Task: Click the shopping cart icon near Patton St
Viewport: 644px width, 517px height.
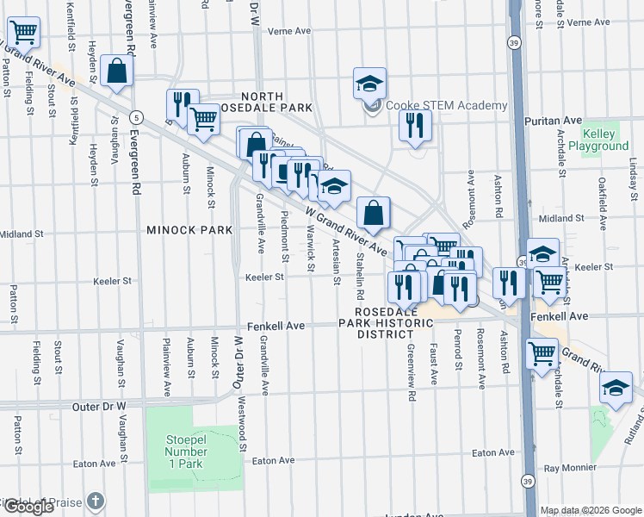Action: (23, 33)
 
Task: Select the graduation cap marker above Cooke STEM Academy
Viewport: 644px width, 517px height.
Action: (369, 84)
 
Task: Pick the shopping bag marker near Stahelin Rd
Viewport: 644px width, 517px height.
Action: (374, 213)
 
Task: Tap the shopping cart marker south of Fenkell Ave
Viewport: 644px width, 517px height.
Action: (542, 352)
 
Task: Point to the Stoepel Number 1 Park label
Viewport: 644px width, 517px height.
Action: (187, 445)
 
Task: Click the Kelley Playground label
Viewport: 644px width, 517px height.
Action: (604, 140)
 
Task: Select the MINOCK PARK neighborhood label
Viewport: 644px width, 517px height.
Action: (189, 230)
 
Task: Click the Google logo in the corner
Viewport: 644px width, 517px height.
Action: (28, 507)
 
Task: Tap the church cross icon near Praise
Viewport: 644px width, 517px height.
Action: (96, 500)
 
